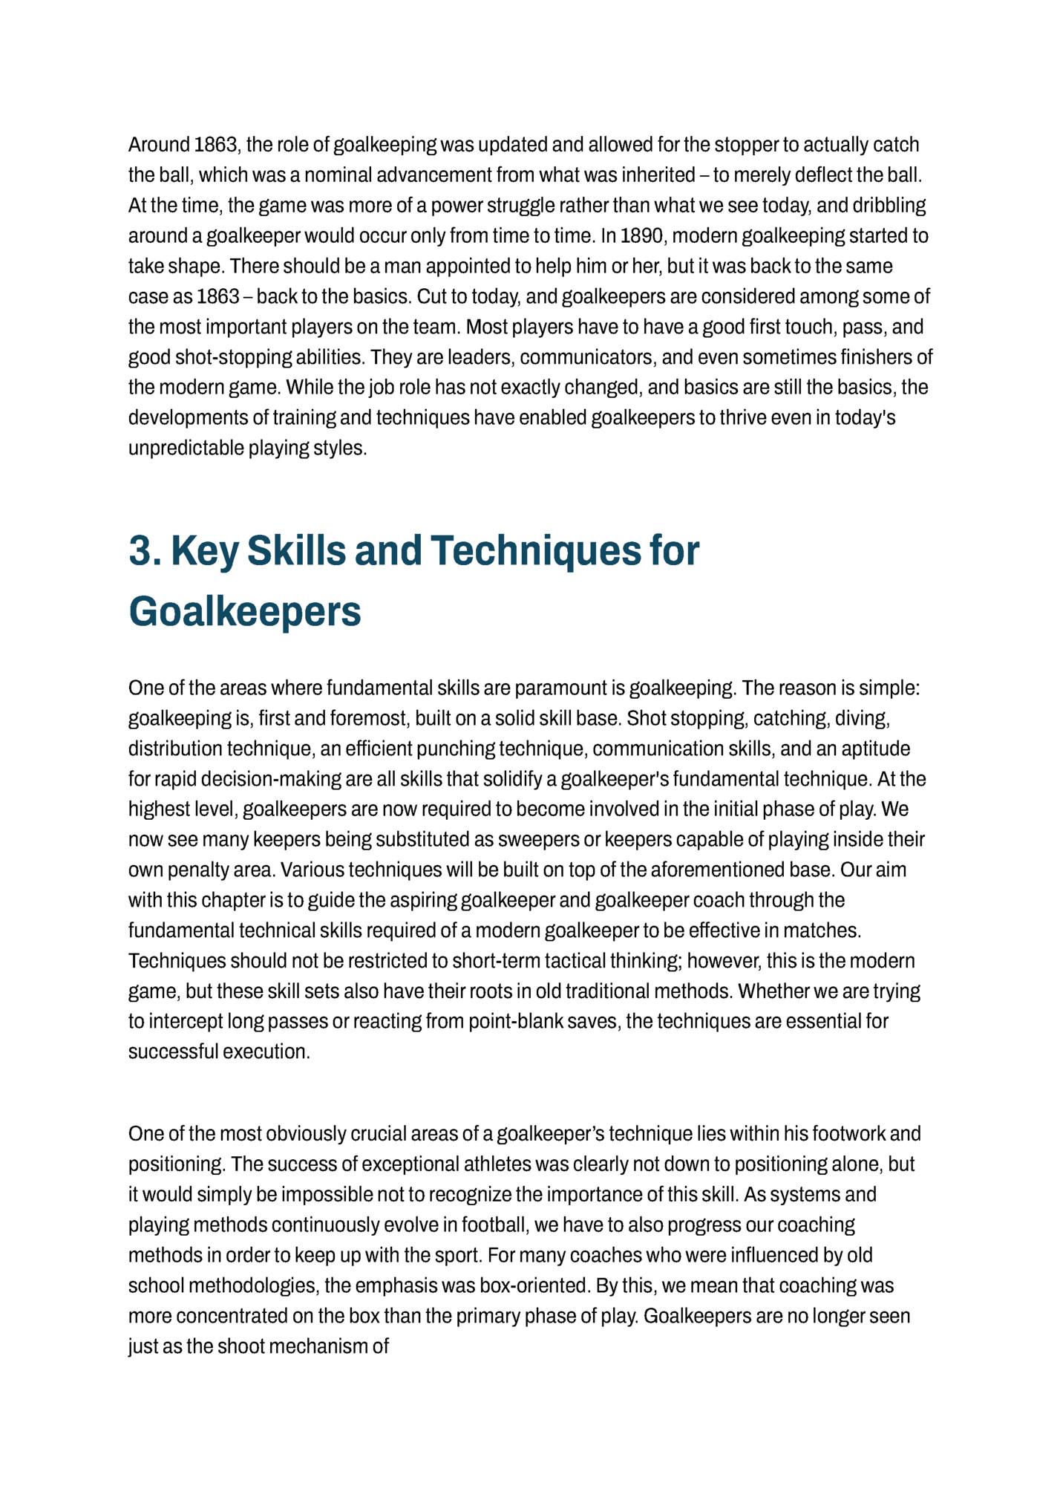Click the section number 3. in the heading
pos(145,551)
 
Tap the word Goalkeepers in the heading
pos(245,612)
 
